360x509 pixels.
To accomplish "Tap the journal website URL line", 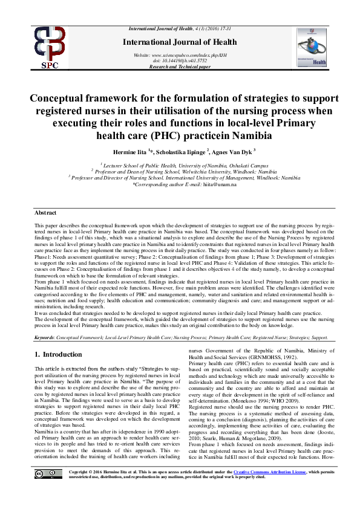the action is tap(180, 55).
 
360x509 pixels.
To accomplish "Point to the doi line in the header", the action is tap(180, 60).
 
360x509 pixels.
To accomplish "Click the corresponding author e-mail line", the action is tap(180, 184).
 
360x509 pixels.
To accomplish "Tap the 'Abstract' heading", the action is tap(45, 213).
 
